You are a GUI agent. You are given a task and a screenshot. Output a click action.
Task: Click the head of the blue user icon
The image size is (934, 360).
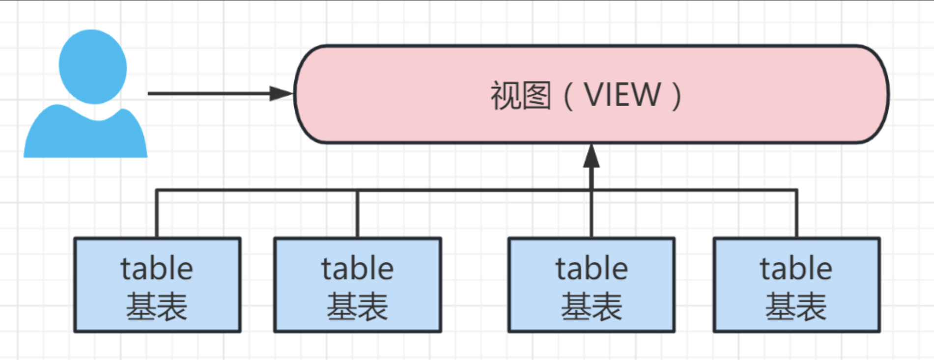coord(93,66)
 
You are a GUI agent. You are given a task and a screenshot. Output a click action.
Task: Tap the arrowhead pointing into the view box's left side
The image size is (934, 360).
coord(281,93)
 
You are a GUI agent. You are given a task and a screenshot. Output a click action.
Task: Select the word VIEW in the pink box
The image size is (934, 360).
coord(622,95)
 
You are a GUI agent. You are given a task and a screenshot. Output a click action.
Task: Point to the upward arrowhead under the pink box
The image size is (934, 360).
coord(591,157)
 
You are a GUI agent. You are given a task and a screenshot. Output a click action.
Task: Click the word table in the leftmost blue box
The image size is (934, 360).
coord(157,269)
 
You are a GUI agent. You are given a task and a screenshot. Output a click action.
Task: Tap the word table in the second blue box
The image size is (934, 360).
coord(358,269)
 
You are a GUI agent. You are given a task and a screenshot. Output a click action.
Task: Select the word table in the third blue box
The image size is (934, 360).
coord(592,269)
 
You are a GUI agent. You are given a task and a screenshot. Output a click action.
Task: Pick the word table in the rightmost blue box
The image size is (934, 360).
coord(796,269)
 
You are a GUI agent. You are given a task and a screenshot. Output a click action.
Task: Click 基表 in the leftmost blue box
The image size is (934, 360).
coord(157,306)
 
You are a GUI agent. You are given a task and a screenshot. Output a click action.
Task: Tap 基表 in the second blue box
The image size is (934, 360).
coord(358,306)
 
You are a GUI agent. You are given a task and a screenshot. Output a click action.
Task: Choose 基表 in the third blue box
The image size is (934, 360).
coord(592,306)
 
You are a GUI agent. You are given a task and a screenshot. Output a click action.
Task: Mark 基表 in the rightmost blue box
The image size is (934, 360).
coord(796,306)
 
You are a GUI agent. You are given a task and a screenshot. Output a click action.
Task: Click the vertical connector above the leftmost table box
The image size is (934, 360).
coord(157,214)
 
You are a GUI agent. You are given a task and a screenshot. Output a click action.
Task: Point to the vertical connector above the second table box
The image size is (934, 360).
coord(357,214)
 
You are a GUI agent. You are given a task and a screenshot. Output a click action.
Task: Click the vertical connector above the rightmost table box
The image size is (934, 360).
coord(796,214)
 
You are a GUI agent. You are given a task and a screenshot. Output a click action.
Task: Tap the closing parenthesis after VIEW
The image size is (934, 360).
coord(677,96)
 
